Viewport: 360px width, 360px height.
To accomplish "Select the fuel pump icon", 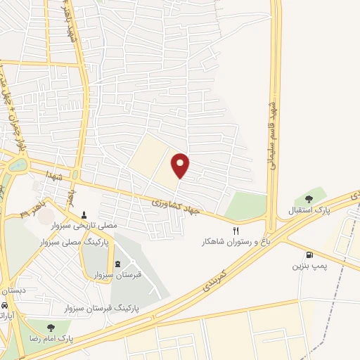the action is click(309, 255).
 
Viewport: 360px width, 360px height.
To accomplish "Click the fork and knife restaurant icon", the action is click(236, 229).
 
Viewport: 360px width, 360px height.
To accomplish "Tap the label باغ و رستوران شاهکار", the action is click(236, 241).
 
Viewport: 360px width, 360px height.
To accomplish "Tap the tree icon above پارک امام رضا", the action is click(50, 326).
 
